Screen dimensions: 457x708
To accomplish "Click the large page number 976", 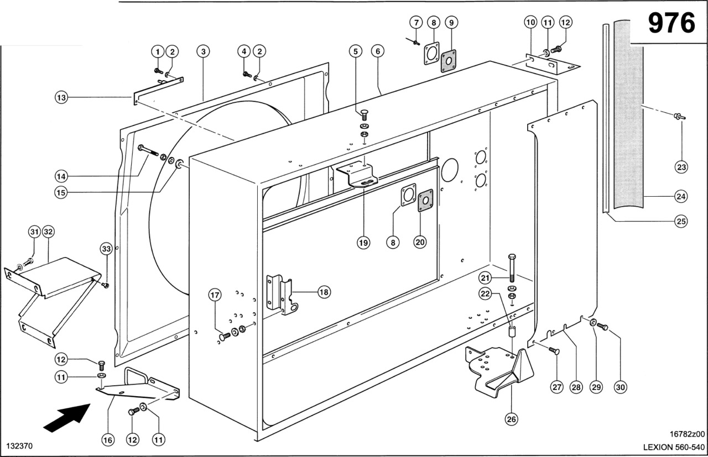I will (x=671, y=23).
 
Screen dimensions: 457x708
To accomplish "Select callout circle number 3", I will (x=204, y=51).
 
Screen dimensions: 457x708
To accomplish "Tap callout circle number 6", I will (x=377, y=51).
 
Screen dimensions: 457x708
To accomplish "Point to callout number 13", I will (x=61, y=98).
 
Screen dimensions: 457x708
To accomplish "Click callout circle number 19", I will (x=363, y=243).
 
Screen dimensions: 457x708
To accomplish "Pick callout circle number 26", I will (x=512, y=419).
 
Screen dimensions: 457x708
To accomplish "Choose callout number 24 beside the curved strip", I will (x=681, y=196).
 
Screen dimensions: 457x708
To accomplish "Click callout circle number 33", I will (x=106, y=249).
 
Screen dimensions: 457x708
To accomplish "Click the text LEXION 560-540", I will (x=673, y=447).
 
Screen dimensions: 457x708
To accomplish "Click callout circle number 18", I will (x=324, y=293).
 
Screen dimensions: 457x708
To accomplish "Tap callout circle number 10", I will (x=530, y=23).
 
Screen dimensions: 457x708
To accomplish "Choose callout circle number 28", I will (x=576, y=387).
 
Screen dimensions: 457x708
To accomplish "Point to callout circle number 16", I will (x=107, y=440).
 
